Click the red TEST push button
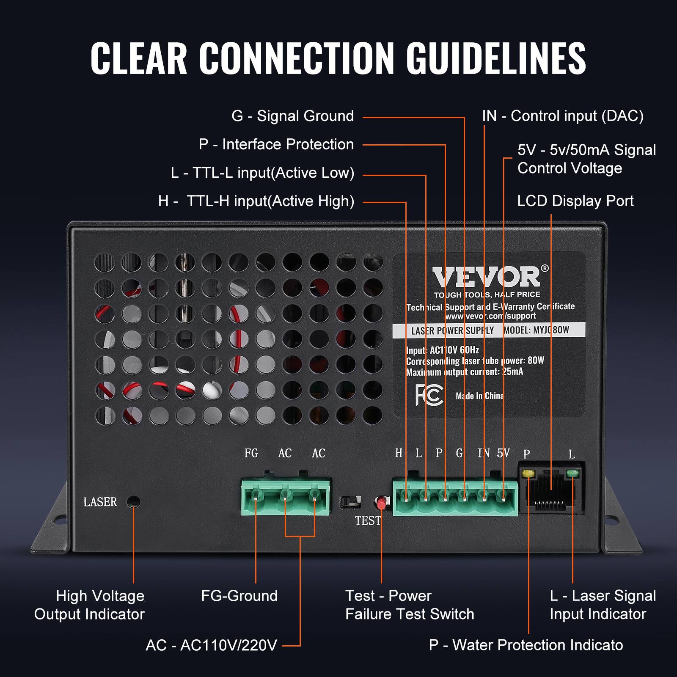[x=381, y=503]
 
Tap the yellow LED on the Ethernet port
[x=528, y=473]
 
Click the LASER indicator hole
[x=134, y=502]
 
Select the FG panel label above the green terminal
[x=251, y=453]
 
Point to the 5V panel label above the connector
[x=503, y=453]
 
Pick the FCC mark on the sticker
[x=429, y=395]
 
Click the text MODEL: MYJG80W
[x=537, y=330]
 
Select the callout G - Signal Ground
[x=292, y=116]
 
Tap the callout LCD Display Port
[x=575, y=201]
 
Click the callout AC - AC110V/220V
[x=211, y=645]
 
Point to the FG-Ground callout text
[x=239, y=596]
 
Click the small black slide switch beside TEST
[x=351, y=502]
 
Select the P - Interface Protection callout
[x=276, y=144]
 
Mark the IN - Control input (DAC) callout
[x=562, y=116]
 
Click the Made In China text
[x=479, y=396]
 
